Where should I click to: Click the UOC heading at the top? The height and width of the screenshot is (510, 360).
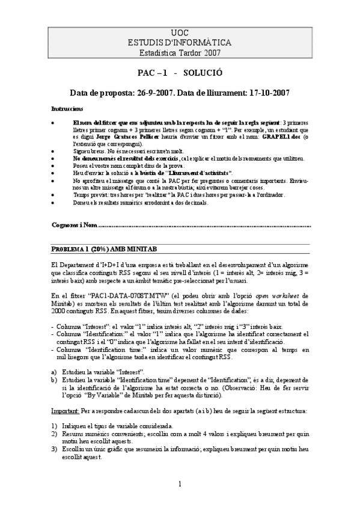[x=180, y=34]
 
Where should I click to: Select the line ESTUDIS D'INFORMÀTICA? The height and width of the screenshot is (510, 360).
[x=180, y=43]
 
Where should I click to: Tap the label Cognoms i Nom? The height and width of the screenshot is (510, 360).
[x=74, y=224]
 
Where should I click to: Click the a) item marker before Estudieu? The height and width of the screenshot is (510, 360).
[x=53, y=372]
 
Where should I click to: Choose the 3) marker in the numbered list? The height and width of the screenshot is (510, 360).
[x=53, y=449]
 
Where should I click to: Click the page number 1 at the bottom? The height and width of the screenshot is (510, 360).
[x=180, y=485]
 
